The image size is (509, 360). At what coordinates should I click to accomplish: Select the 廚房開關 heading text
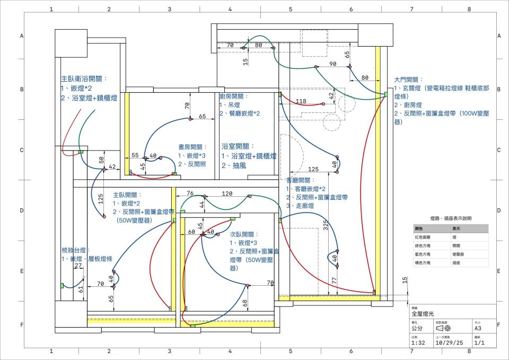pyautogui.click(x=234, y=96)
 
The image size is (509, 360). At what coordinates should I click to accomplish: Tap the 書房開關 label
pyautogui.click(x=192, y=147)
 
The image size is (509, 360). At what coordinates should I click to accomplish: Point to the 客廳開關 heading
pyautogui.click(x=301, y=180)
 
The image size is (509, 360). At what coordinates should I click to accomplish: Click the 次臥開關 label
pyautogui.click(x=244, y=234)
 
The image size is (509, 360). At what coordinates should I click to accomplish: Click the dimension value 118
pyautogui.click(x=301, y=101)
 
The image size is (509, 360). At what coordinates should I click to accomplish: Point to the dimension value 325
pyautogui.click(x=325, y=227)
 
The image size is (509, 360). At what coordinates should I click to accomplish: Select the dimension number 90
pyautogui.click(x=333, y=64)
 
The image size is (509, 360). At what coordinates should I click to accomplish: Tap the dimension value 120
pyautogui.click(x=227, y=194)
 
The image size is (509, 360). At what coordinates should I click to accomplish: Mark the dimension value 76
pyautogui.click(x=190, y=194)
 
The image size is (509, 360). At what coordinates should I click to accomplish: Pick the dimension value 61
pyautogui.click(x=81, y=289)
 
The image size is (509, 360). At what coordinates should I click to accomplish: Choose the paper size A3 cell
pyautogui.click(x=478, y=329)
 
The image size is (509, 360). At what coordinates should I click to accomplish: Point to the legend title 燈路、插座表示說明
pyautogui.click(x=450, y=218)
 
